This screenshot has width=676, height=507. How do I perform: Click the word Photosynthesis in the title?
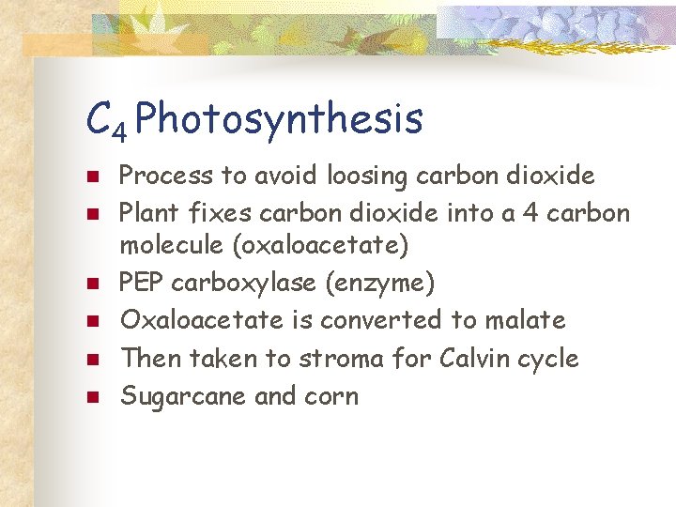284,119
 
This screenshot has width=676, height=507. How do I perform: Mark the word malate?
525,320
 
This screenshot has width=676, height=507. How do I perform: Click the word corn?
330,396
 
